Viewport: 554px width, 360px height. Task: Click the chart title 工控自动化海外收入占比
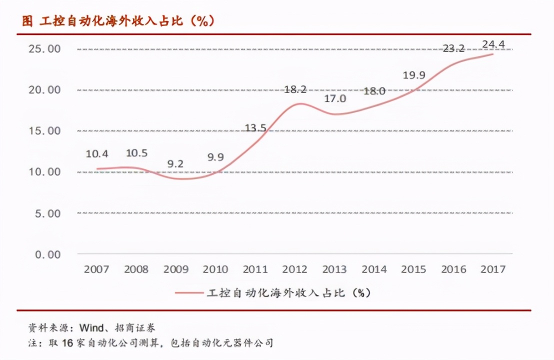118,21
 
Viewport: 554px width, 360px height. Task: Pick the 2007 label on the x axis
96,269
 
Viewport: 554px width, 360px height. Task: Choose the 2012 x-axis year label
294,269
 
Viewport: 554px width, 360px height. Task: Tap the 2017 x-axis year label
493,269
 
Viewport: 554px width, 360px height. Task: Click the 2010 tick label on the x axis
215,269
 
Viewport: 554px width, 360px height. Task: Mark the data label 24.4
493,44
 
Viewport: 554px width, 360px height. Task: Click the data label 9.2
175,163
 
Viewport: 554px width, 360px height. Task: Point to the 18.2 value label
295,89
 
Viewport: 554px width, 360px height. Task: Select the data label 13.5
255,128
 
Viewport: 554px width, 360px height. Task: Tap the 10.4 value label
96,153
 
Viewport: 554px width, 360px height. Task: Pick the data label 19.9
413,75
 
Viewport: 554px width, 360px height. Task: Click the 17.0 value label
334,98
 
